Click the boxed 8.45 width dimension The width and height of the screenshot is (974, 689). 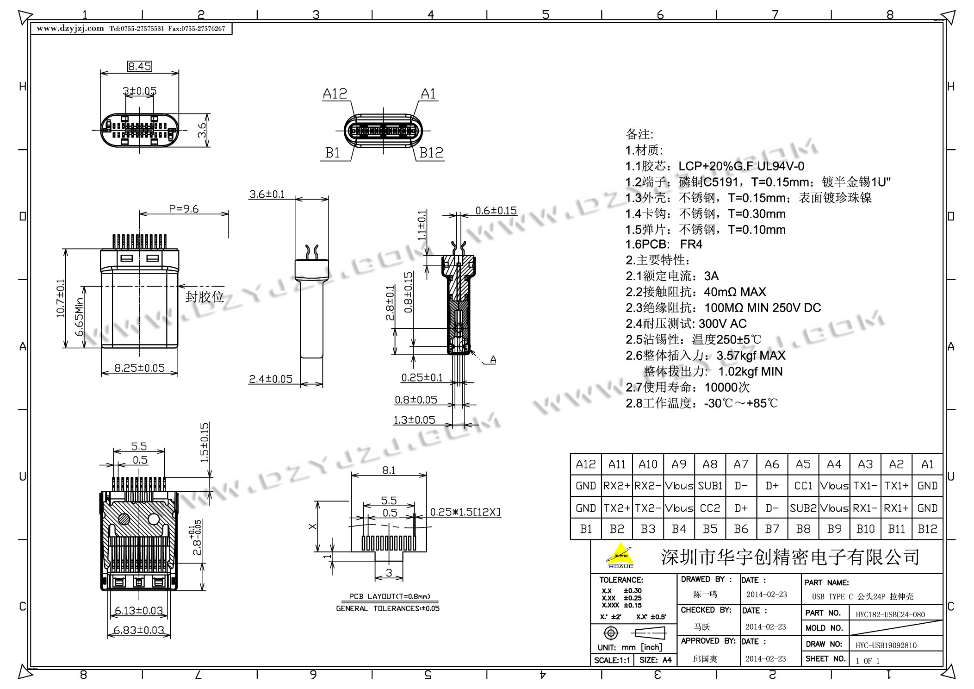point(139,66)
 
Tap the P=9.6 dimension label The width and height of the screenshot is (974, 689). point(184,209)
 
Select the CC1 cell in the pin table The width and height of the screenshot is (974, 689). point(803,486)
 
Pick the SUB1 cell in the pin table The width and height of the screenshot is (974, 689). point(710,486)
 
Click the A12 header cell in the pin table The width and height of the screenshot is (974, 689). point(586,464)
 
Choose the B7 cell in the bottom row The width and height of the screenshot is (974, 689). point(772,529)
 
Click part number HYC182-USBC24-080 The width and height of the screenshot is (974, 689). point(890,614)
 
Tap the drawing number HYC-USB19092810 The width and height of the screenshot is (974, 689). point(886,645)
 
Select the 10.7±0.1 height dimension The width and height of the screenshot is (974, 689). point(61,299)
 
